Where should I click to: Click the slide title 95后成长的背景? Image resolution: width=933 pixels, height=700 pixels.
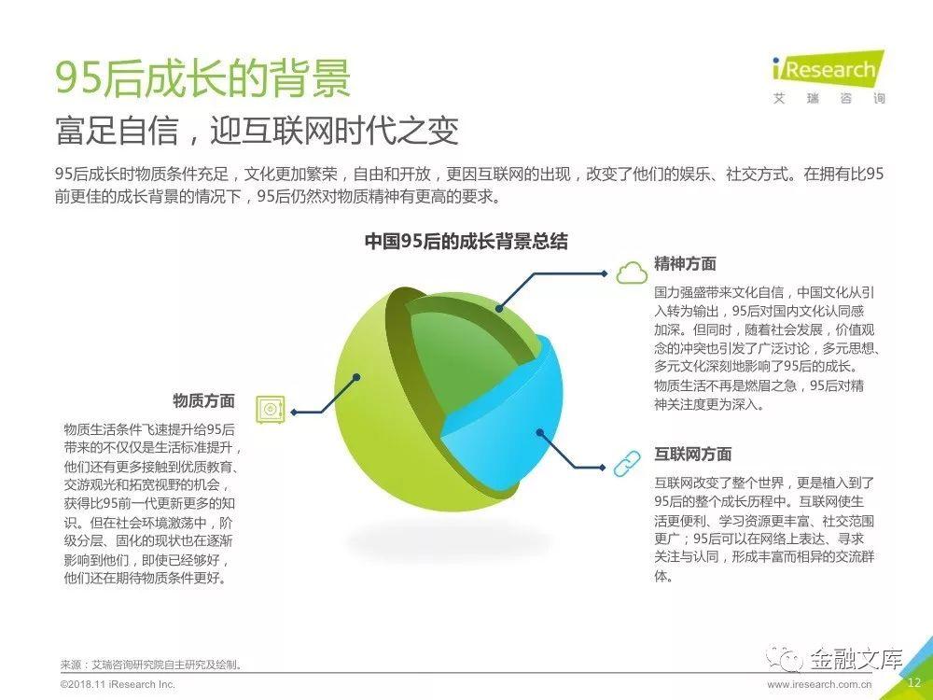point(202,77)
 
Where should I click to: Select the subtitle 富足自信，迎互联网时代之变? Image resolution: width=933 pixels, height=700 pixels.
point(258,130)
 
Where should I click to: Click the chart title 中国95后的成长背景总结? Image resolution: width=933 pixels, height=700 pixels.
point(466,241)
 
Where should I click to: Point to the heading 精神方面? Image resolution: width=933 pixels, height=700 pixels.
point(685,263)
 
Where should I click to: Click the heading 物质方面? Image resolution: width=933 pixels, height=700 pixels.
point(204,400)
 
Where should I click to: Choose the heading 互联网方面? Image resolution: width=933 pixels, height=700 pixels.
point(692,455)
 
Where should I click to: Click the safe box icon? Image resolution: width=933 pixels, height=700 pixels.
point(271,410)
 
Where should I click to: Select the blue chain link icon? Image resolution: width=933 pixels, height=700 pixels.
point(627,464)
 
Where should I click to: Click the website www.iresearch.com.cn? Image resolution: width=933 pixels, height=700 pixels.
point(819,684)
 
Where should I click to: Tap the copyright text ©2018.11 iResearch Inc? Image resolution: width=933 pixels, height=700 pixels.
point(118,684)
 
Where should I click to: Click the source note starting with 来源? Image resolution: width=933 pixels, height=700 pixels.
point(151,665)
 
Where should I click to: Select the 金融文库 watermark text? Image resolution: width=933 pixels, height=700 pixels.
point(856,659)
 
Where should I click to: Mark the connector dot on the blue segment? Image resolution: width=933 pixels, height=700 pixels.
point(539,433)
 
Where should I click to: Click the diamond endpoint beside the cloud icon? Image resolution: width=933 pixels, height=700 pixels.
point(605,273)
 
